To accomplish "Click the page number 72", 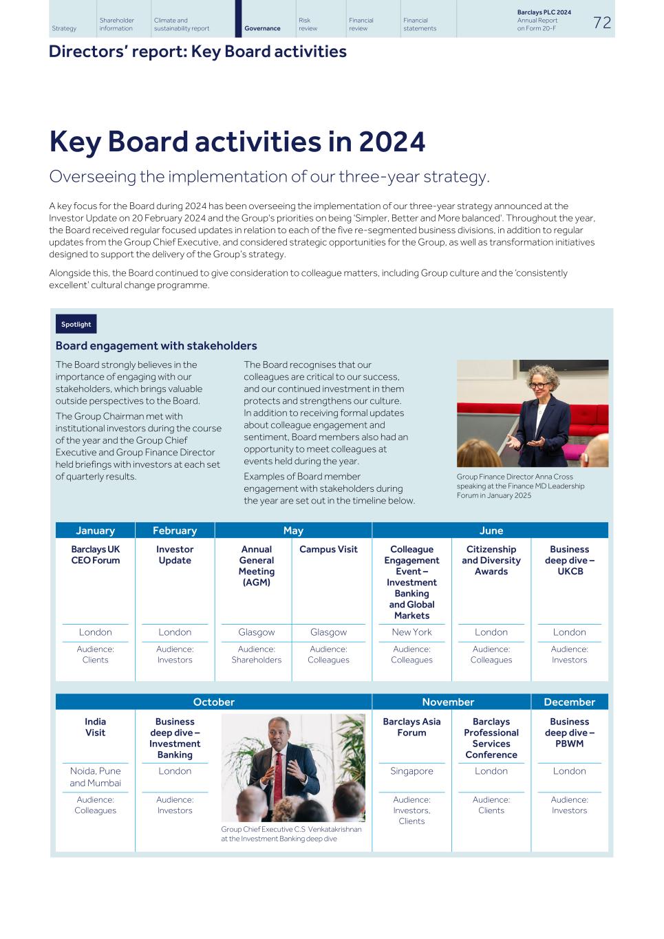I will (601, 23).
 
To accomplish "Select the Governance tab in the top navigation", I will (262, 28).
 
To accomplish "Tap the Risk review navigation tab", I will (308, 24).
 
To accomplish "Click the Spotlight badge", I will (76, 324).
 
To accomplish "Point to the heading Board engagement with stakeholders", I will (156, 346).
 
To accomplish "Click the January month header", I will (95, 530).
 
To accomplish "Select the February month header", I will (175, 530).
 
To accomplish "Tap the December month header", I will (569, 702).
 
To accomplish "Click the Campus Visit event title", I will (328, 549).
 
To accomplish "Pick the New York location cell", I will (411, 632).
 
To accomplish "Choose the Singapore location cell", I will (411, 771).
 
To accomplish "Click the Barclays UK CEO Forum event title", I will (95, 554).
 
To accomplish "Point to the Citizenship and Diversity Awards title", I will (491, 560).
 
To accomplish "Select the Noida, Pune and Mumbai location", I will (95, 777).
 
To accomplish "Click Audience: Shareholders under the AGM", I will (256, 654).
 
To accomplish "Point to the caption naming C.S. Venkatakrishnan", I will (290, 834).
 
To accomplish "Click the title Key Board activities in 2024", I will (237, 142).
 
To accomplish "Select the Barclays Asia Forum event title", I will (411, 727).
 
